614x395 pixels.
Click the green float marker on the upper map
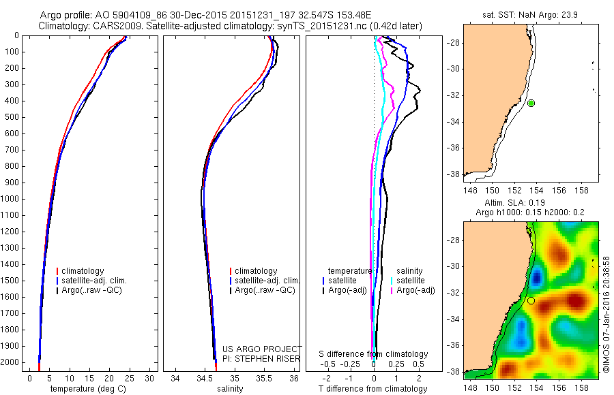coord(531,103)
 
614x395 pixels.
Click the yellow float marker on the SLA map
coord(531,300)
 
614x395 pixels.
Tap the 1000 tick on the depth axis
coord(12,199)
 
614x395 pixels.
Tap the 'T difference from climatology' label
coord(373,389)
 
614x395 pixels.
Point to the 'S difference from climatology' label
coord(374,354)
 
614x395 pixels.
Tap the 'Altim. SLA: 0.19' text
coord(531,203)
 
